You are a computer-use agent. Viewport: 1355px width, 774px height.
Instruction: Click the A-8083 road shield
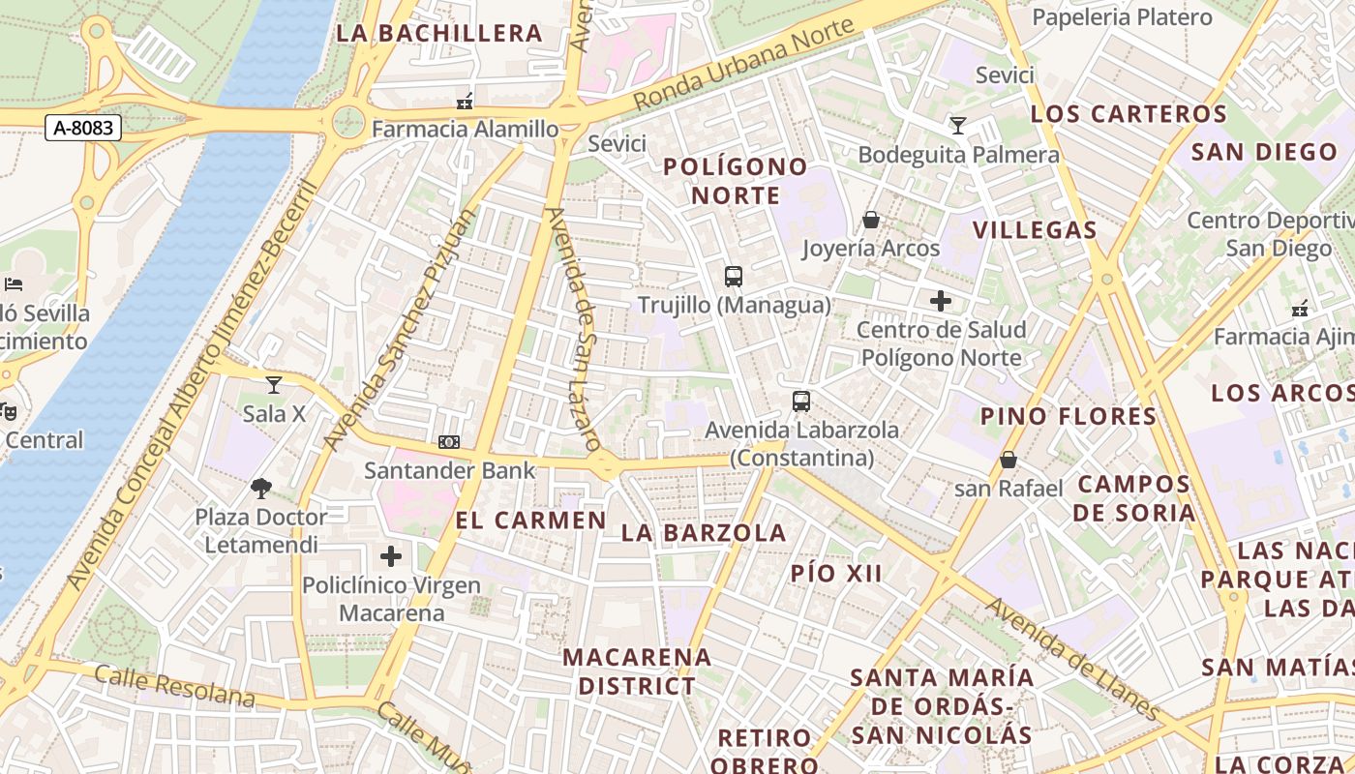coord(82,128)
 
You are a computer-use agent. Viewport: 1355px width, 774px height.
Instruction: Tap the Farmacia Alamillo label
coord(465,129)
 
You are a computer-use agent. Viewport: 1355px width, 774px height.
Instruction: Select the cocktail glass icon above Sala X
coord(274,385)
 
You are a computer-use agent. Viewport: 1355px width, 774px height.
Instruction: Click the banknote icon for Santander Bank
coord(449,442)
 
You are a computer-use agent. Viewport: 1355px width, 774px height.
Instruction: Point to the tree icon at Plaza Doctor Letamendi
coord(260,488)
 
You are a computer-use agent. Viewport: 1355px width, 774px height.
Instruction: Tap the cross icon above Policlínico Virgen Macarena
coord(391,556)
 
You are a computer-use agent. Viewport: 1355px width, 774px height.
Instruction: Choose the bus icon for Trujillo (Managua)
coord(734,277)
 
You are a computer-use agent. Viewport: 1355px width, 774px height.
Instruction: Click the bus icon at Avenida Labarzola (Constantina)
coord(801,401)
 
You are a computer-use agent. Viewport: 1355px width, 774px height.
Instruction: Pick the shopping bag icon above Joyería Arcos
coord(871,220)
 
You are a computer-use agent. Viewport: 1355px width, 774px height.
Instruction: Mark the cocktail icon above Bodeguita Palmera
coord(958,126)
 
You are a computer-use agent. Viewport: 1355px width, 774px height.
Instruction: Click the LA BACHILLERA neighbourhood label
coord(439,33)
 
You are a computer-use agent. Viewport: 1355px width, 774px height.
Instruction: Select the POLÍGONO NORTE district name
coord(736,181)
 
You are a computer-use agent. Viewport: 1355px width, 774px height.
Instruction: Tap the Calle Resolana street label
coord(175,686)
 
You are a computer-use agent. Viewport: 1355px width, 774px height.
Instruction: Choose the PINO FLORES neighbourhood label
coord(1069,417)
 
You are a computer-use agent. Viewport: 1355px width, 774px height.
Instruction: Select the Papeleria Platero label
coord(1122,17)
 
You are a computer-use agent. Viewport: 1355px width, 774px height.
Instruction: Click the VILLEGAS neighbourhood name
coord(1035,230)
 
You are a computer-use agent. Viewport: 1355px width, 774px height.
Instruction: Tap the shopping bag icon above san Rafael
coord(1009,460)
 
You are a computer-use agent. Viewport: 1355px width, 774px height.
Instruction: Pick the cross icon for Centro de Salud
coord(941,301)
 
